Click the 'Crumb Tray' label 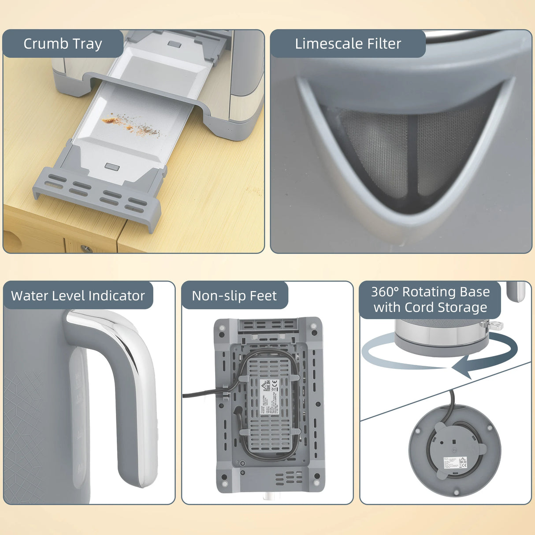click(63, 44)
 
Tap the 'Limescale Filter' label click(348, 44)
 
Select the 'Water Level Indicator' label click(78, 295)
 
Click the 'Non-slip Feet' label click(234, 296)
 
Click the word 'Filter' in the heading click(385, 44)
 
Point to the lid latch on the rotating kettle click(496, 326)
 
